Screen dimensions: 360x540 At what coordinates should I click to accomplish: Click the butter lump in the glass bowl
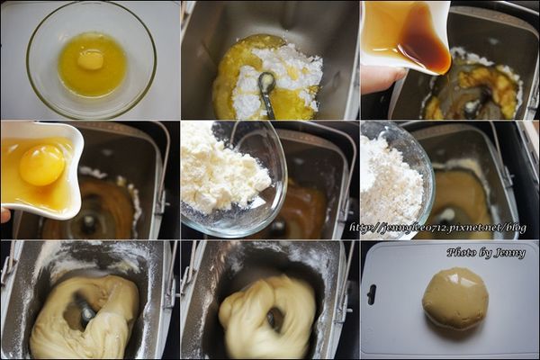pyautogui.click(x=90, y=60)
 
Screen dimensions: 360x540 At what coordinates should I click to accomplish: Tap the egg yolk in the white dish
pyautogui.click(x=42, y=165)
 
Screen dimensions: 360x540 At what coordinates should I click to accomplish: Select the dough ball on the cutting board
pyautogui.click(x=455, y=297)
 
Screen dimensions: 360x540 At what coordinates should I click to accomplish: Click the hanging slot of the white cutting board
pyautogui.click(x=372, y=294)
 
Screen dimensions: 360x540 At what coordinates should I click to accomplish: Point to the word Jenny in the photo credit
pyautogui.click(x=508, y=253)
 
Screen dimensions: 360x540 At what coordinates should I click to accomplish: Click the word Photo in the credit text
pyautogui.click(x=464, y=253)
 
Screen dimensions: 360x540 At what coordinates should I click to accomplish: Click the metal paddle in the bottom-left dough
pyautogui.click(x=85, y=313)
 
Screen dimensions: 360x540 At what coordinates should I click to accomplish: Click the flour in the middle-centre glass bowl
pyautogui.click(x=223, y=171)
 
